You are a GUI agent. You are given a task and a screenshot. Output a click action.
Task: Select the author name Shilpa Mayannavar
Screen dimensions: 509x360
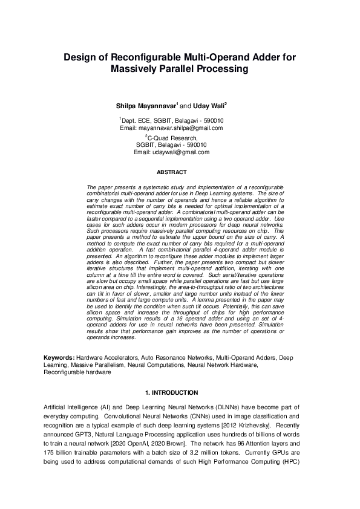(x=145, y=106)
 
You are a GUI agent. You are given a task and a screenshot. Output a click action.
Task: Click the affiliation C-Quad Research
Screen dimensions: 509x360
(x=173, y=138)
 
